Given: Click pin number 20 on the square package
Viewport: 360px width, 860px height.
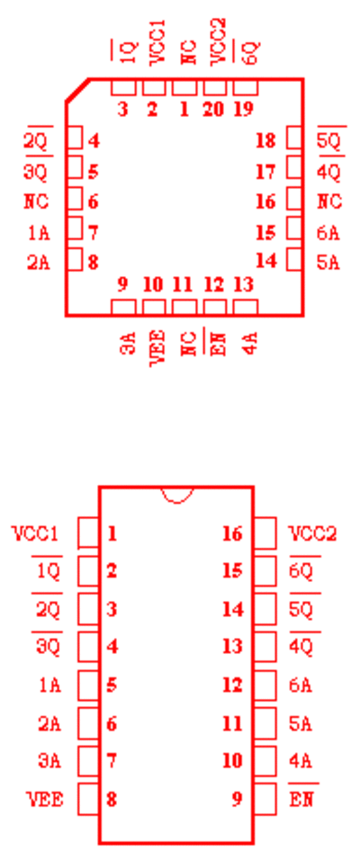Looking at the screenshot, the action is point(213,109).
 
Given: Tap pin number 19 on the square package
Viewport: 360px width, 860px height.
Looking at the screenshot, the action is point(244,109).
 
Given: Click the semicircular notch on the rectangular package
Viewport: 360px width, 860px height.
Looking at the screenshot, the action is point(176,496).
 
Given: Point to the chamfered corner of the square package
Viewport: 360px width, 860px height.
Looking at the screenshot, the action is point(77,90).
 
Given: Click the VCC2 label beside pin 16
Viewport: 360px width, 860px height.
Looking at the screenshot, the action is point(312,533).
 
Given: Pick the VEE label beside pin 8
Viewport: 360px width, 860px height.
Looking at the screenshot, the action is point(45,799).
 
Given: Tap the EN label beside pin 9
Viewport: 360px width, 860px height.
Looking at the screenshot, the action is point(301,799).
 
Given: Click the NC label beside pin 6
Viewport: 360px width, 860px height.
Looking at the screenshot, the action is point(36,202).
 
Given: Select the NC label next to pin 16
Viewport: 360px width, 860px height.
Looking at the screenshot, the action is point(329,202).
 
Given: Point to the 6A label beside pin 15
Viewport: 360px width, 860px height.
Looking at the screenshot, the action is point(328,233).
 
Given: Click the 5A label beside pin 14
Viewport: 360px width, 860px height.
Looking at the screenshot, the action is point(328,263).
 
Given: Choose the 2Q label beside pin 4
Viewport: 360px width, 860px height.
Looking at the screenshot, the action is point(36,142).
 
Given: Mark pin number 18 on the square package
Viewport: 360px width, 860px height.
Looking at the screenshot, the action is point(265,141).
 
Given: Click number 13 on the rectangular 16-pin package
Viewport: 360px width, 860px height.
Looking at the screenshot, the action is point(232,647).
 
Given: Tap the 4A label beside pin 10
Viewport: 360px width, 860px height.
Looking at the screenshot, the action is point(301,761).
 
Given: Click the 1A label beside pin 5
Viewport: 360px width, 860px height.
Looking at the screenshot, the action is point(49,685).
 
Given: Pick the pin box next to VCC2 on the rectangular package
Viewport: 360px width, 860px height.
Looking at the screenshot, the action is point(265,533).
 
